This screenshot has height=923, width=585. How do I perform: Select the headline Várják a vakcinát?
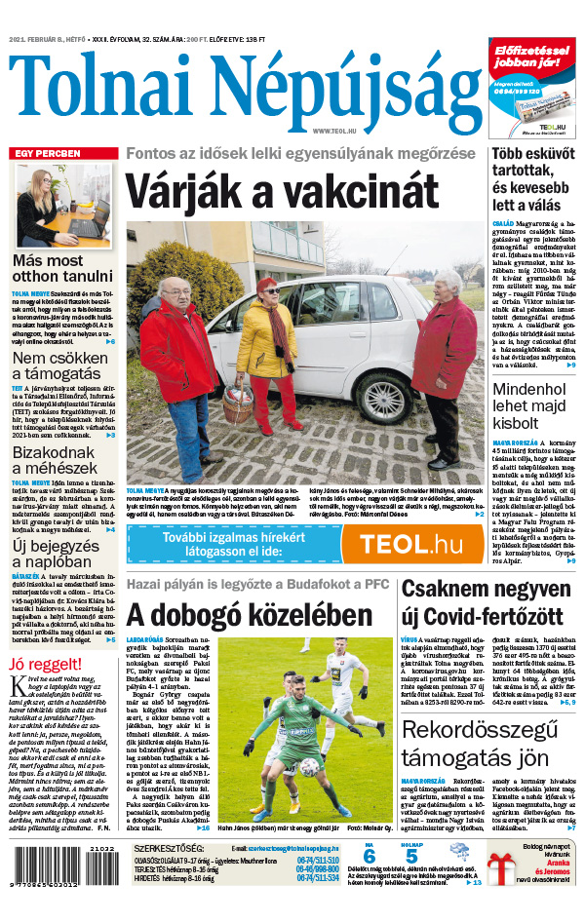pyautogui.click(x=281, y=191)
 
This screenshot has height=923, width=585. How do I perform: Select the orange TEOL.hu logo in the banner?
pyautogui.click(x=410, y=544)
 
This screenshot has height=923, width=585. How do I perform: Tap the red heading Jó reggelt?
pyautogui.click(x=45, y=665)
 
